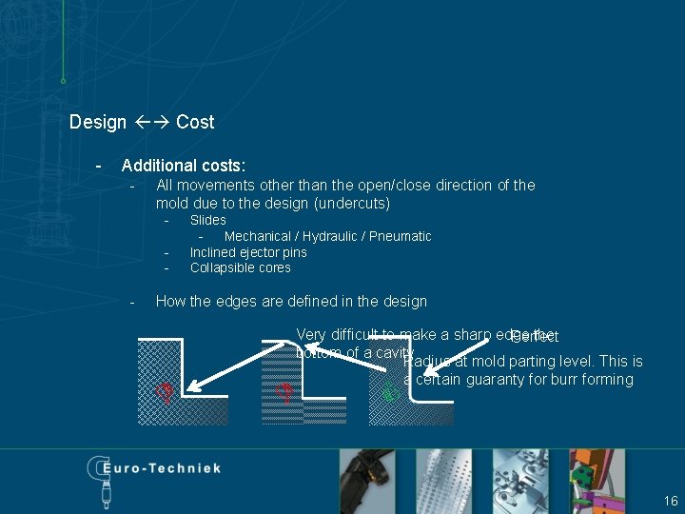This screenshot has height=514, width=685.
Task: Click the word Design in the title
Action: tap(98, 122)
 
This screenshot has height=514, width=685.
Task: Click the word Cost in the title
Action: tap(195, 122)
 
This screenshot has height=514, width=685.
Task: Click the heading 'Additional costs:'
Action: tap(183, 166)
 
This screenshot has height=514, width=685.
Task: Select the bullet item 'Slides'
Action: tap(207, 220)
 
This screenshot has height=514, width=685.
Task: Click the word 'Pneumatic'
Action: tap(401, 236)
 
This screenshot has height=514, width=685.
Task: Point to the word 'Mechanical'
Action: tap(257, 236)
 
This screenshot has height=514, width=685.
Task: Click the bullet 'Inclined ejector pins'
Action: tap(248, 252)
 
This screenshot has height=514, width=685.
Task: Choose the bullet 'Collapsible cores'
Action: tap(240, 267)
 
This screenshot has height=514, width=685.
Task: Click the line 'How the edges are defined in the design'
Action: tap(291, 301)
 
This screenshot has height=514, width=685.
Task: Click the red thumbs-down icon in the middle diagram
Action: tap(283, 391)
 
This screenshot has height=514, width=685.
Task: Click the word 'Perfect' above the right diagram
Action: tap(534, 337)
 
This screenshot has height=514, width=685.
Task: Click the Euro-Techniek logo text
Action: tap(158, 469)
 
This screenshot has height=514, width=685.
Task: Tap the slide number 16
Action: tap(671, 501)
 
